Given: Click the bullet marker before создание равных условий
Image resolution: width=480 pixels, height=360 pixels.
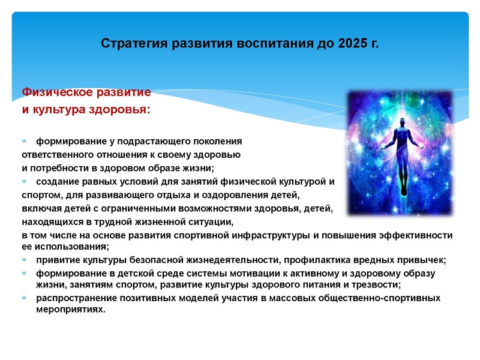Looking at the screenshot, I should click(25, 181).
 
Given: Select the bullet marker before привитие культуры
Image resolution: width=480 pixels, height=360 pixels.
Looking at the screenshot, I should click(25, 260).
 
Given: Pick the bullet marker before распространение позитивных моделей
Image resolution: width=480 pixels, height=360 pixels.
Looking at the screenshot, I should click(25, 298).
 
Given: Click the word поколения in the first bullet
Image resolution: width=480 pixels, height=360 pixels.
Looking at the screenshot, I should click(220, 142).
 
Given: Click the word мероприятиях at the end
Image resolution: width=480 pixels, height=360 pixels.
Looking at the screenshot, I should click(70, 310).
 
